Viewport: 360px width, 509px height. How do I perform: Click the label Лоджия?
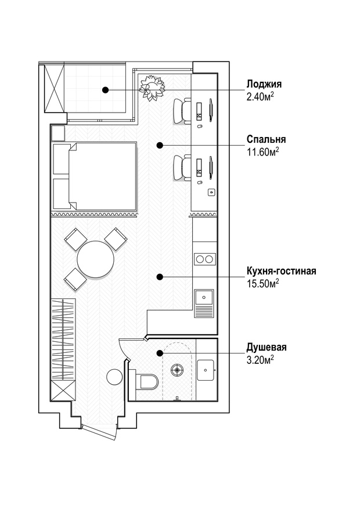point(264,84)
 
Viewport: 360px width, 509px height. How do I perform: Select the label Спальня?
point(266,139)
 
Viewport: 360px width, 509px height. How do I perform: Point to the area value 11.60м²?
point(263,151)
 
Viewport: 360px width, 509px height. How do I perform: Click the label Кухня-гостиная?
point(281,270)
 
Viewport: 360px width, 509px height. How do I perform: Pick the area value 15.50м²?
point(263,283)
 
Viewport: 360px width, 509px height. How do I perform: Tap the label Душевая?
point(267,347)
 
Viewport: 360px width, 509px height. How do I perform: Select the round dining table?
point(95,259)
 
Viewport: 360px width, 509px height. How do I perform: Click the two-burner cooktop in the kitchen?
point(204,259)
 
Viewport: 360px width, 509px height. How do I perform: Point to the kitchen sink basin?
point(204,297)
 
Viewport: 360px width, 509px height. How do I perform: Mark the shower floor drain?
point(177,369)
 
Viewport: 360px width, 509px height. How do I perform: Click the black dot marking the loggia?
point(105,89)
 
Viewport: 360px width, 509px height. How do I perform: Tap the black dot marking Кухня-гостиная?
point(159,277)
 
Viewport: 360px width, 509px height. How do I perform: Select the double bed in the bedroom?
point(95,175)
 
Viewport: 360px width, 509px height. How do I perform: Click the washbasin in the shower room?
point(206,370)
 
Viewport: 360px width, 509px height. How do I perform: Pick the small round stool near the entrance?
point(114,377)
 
